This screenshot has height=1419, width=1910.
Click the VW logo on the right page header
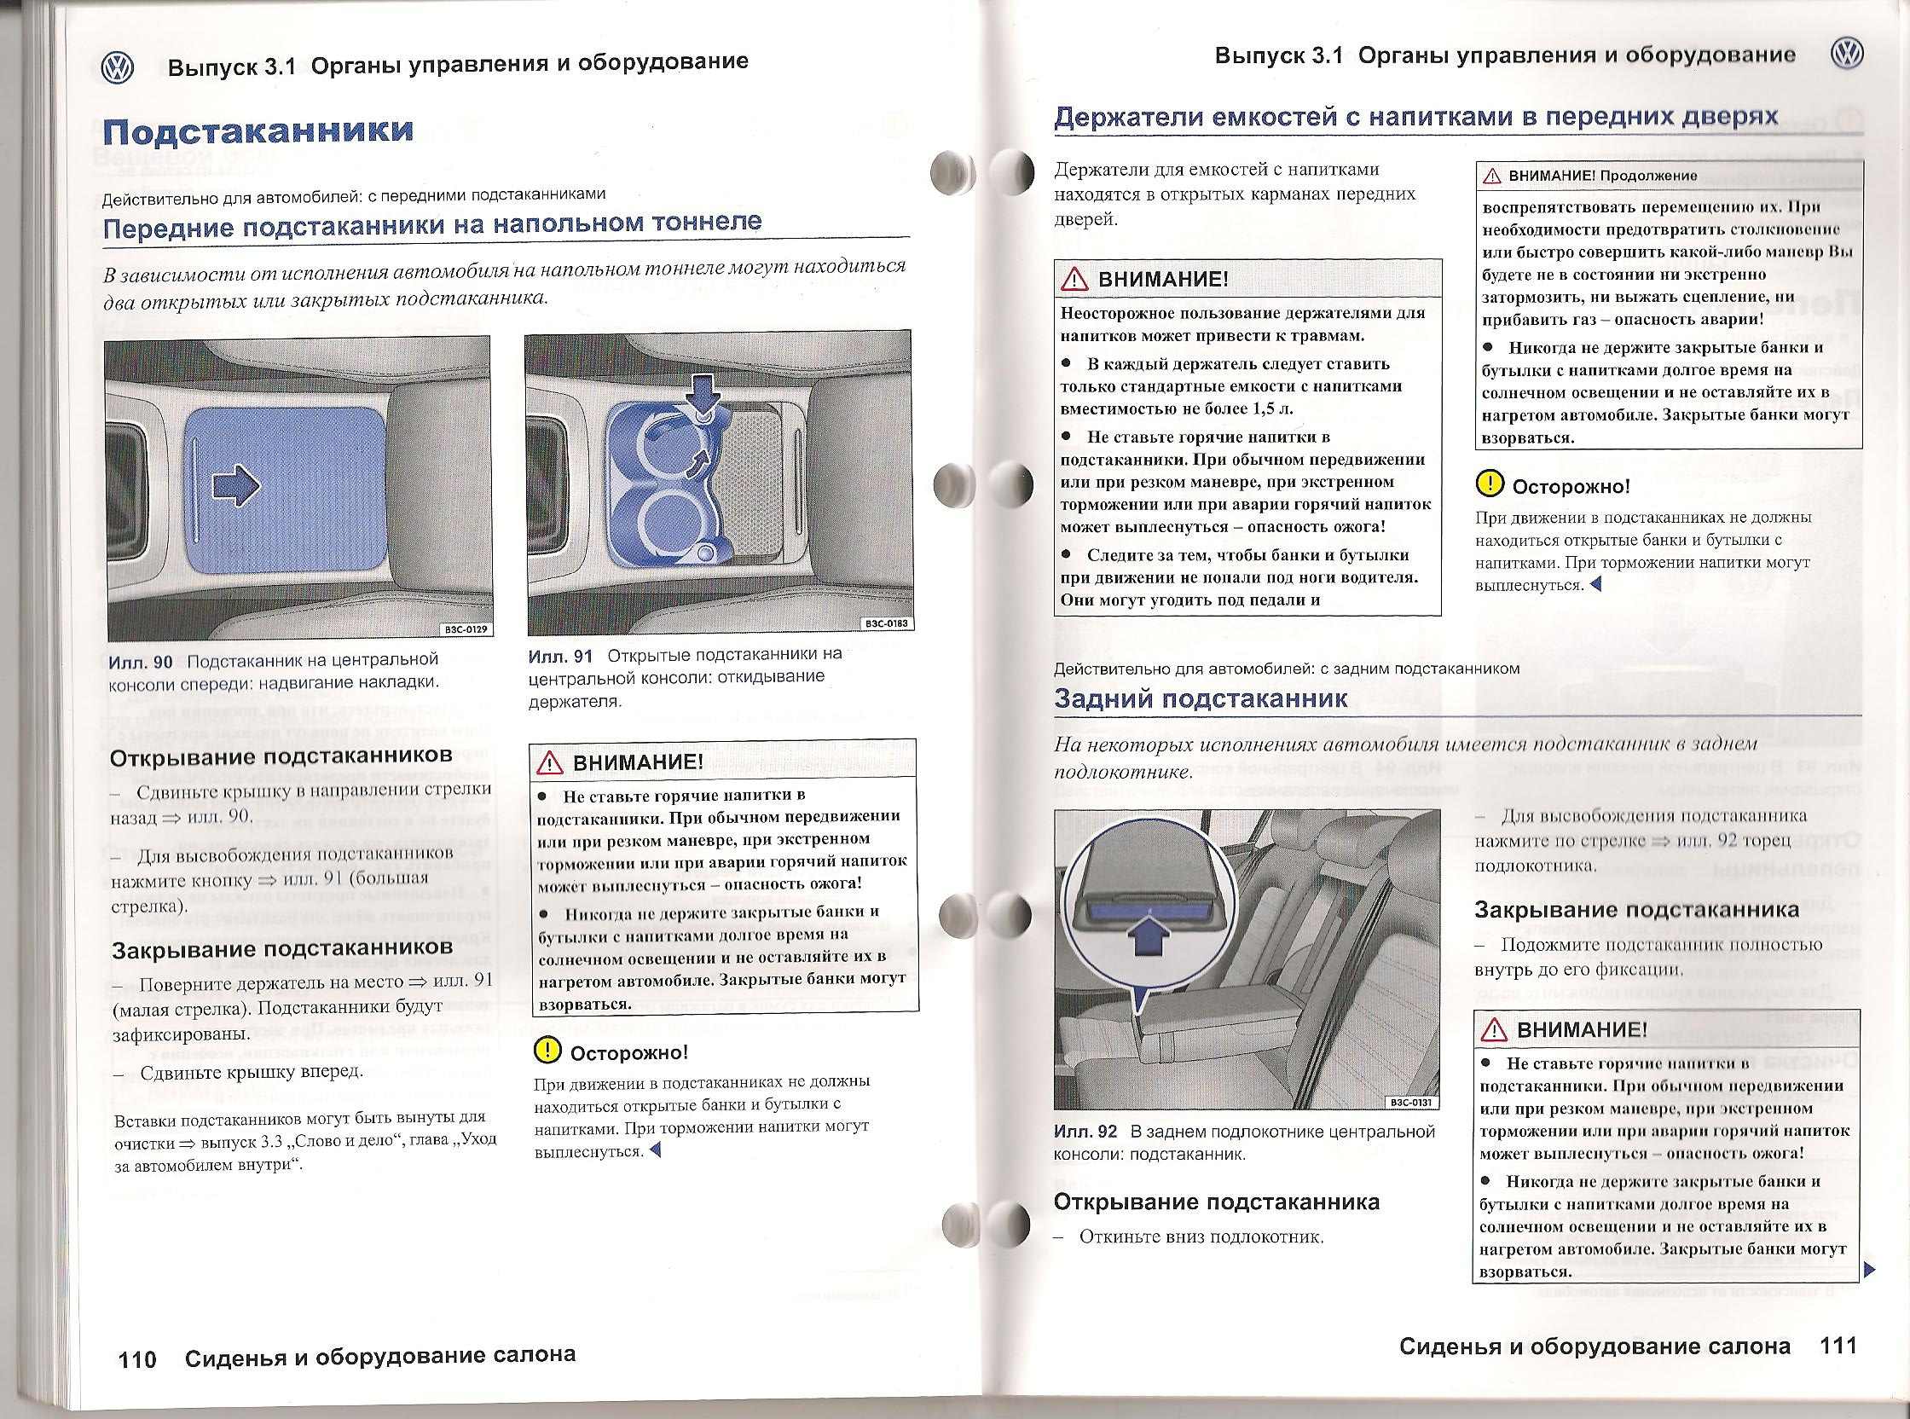(1846, 55)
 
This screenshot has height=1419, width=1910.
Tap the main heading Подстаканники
(258, 131)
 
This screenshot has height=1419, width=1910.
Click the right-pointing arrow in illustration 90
(235, 486)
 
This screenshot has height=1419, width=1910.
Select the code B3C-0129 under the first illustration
(466, 629)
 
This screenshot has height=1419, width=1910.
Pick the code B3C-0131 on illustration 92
(1412, 1102)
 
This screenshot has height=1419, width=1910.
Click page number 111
(1838, 1346)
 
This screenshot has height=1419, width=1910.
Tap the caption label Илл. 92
(1085, 1132)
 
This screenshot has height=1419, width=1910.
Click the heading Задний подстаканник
(1201, 698)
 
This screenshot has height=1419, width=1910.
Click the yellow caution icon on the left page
(547, 1050)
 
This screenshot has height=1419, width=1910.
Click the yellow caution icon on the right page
(1488, 484)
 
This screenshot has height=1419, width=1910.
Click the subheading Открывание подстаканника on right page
(1216, 1202)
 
